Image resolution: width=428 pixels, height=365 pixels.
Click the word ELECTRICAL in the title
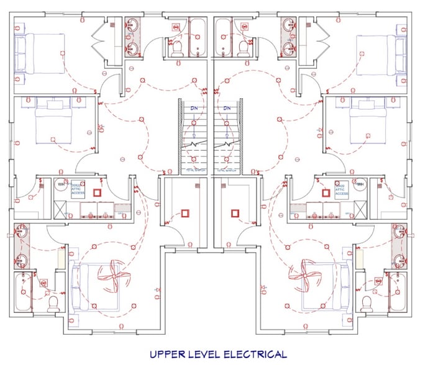[x=247, y=354]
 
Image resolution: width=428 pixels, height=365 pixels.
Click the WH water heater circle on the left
[x=61, y=184]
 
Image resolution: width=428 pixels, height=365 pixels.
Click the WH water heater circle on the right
[x=360, y=184]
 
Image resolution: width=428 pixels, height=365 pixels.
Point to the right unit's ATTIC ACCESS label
[x=342, y=189]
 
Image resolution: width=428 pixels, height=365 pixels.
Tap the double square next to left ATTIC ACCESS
[x=98, y=192]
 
